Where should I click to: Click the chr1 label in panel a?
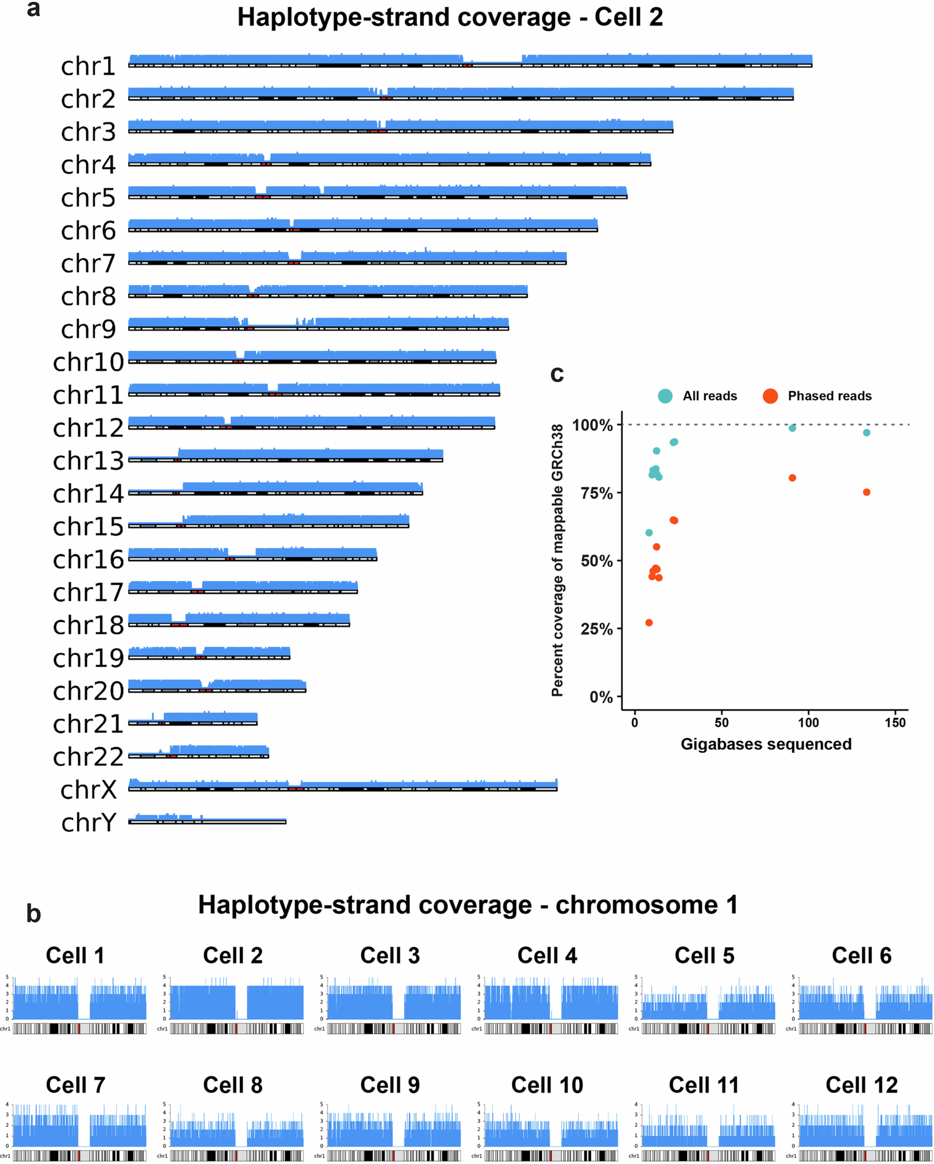click(x=88, y=66)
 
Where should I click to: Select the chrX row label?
click(x=89, y=790)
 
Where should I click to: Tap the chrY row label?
click(x=89, y=823)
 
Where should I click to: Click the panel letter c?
click(x=557, y=374)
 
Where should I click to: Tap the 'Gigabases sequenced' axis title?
click(x=766, y=744)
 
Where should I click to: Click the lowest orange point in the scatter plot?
click(x=649, y=623)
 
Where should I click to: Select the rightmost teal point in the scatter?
click(x=867, y=432)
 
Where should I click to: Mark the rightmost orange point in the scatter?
click(x=867, y=492)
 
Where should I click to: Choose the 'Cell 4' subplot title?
click(x=547, y=956)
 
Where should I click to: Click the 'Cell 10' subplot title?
click(x=547, y=1085)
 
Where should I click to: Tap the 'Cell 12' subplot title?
click(x=861, y=1085)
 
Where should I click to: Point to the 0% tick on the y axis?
click(x=600, y=697)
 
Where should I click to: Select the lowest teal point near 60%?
click(x=649, y=532)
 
